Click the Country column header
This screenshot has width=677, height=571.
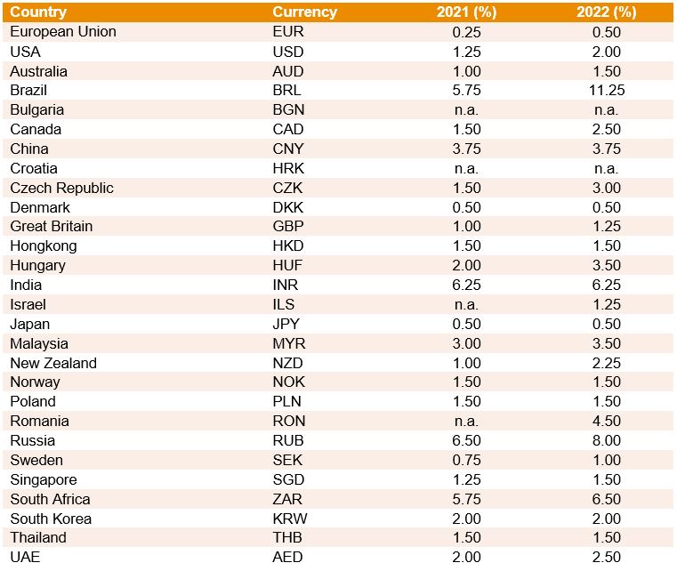pos(38,12)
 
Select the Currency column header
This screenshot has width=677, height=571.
pos(304,12)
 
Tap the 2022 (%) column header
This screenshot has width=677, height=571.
pos(606,12)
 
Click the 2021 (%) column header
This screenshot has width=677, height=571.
pos(466,12)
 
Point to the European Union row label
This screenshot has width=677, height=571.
pos(63,32)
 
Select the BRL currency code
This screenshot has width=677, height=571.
pos(286,91)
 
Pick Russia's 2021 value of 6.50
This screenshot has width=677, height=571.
pos(466,441)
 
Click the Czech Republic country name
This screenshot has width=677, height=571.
pos(61,188)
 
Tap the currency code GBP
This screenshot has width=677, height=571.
pos(288,227)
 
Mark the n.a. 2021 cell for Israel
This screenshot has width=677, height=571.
pos(466,305)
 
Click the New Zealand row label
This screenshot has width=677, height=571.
pos(53,363)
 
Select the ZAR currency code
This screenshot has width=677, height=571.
pos(288,500)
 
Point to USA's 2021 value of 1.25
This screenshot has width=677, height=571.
pos(466,52)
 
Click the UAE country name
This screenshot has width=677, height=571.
pos(25,558)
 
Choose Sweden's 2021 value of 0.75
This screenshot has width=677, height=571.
pos(466,461)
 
